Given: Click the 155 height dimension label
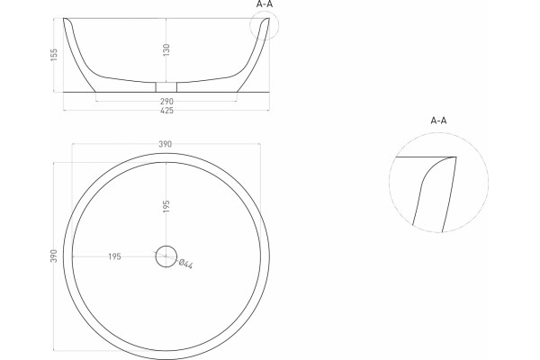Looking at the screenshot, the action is click(54, 55).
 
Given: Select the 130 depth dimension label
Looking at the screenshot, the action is click(166, 49).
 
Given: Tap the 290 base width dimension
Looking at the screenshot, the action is click(166, 102).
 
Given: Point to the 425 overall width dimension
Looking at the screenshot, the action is click(166, 111).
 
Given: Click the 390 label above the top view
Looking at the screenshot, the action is click(166, 144).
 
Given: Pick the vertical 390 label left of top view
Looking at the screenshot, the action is click(54, 256).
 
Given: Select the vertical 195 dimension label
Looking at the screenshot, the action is click(166, 206).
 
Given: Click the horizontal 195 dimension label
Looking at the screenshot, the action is click(114, 256).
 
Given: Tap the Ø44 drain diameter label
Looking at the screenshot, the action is click(185, 264).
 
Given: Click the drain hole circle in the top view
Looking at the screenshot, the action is click(166, 246).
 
